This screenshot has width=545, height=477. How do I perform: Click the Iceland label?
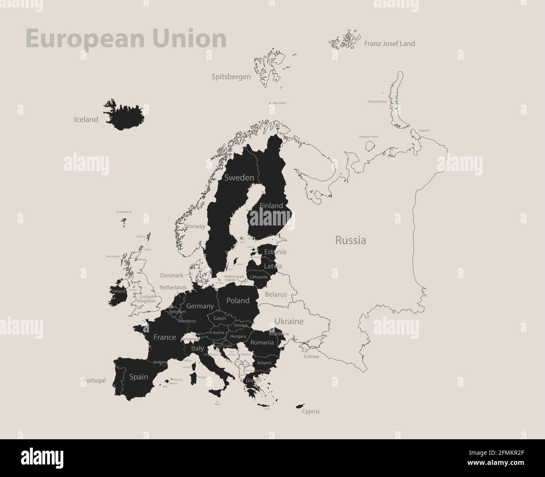tap(86, 119)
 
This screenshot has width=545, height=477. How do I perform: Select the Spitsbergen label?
tap(231, 77)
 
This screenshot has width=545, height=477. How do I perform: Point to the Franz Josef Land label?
tap(389, 44)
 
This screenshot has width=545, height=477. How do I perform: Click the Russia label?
tap(350, 241)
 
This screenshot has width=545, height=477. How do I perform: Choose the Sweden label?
tap(239, 178)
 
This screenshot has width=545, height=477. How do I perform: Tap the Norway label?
tap(195, 226)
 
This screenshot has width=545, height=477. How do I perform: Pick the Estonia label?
tap(275, 252)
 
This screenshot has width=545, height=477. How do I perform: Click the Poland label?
tap(238, 301)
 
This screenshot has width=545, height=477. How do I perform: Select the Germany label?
tap(200, 306)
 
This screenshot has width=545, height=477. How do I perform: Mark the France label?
tap(165, 337)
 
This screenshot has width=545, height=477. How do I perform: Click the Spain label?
tap(138, 377)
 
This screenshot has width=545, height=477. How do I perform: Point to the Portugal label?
tap(94, 381)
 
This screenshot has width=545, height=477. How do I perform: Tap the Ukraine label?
tap(289, 321)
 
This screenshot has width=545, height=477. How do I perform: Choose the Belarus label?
tap(276, 294)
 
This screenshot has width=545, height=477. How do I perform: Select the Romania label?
tap(262, 342)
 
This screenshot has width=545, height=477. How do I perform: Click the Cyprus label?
tap(311, 411)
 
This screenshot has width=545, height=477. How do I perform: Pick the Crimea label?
tap(311, 357)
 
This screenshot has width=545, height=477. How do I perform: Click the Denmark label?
tap(171, 275)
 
